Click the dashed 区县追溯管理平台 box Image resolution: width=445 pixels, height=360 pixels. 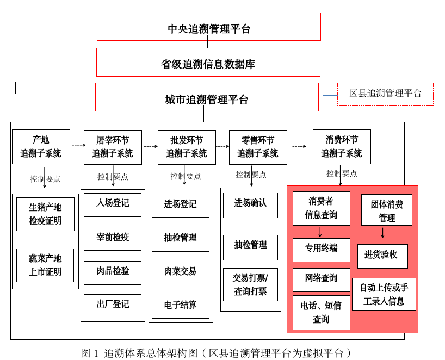pyautogui.click(x=385, y=94)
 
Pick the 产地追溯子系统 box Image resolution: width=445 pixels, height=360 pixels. pyautogui.click(x=41, y=147)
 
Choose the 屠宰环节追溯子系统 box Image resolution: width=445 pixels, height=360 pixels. pyautogui.click(x=113, y=147)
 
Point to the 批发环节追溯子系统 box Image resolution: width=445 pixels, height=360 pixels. pyautogui.click(x=187, y=147)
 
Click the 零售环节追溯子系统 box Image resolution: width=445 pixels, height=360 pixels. pyautogui.click(x=258, y=147)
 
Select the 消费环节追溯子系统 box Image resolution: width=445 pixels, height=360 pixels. pyautogui.click(x=342, y=147)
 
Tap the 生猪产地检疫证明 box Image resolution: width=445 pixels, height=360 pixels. pyautogui.click(x=45, y=214)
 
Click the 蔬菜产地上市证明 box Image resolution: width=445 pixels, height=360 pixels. pyautogui.click(x=45, y=265)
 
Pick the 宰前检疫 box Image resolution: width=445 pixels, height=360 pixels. pyautogui.click(x=113, y=238)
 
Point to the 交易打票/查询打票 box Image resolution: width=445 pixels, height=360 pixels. pyautogui.click(x=250, y=284)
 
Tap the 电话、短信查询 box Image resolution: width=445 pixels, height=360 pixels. pyautogui.click(x=321, y=312)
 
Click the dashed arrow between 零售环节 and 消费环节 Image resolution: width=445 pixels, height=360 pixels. pyautogui.click(x=299, y=146)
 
